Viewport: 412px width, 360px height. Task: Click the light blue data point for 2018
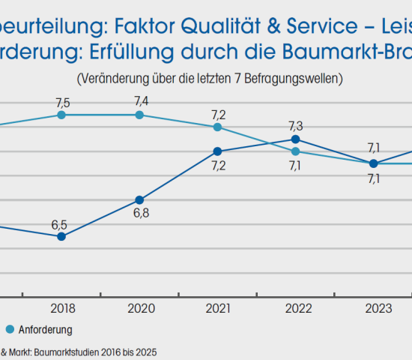pos(61,115)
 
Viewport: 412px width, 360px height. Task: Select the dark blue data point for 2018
pos(61,236)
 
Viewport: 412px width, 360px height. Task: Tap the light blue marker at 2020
pos(139,115)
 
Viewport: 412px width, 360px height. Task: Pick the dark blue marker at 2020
pos(139,199)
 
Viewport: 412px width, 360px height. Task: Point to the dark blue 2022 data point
pos(295,139)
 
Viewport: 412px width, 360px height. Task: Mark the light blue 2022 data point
pos(295,151)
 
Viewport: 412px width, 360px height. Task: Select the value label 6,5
pos(60,224)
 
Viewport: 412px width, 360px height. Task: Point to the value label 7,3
pos(296,125)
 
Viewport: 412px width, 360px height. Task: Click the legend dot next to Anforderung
pos(10,328)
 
